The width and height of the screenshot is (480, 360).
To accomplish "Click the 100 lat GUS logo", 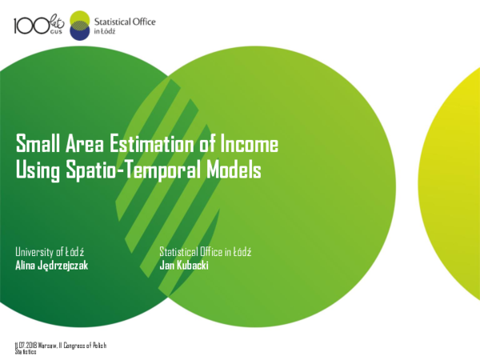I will (x=39, y=25).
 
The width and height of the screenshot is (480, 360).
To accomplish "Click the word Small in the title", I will (x=36, y=145).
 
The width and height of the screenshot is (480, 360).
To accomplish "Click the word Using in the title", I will (x=36, y=170).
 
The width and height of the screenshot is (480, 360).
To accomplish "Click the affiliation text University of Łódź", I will (x=51, y=252).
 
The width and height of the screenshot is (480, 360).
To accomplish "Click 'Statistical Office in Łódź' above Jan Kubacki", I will (x=206, y=252).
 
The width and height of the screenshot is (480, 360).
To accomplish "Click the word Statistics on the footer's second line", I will (x=26, y=351).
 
